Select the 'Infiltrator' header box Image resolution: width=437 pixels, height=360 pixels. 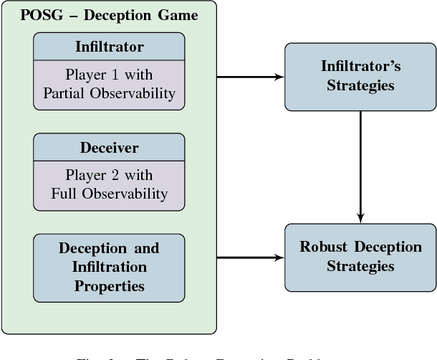109,47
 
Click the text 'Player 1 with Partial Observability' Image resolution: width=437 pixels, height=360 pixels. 109,84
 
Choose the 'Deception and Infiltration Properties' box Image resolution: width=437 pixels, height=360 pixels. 109,267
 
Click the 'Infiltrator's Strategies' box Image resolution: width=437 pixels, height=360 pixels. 360,77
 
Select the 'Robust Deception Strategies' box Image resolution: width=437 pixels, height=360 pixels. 360,257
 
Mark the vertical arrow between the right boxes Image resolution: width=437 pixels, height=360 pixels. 360,165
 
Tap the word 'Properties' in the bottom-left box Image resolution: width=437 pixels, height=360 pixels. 109,285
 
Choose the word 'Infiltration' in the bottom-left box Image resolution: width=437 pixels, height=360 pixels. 109,267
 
